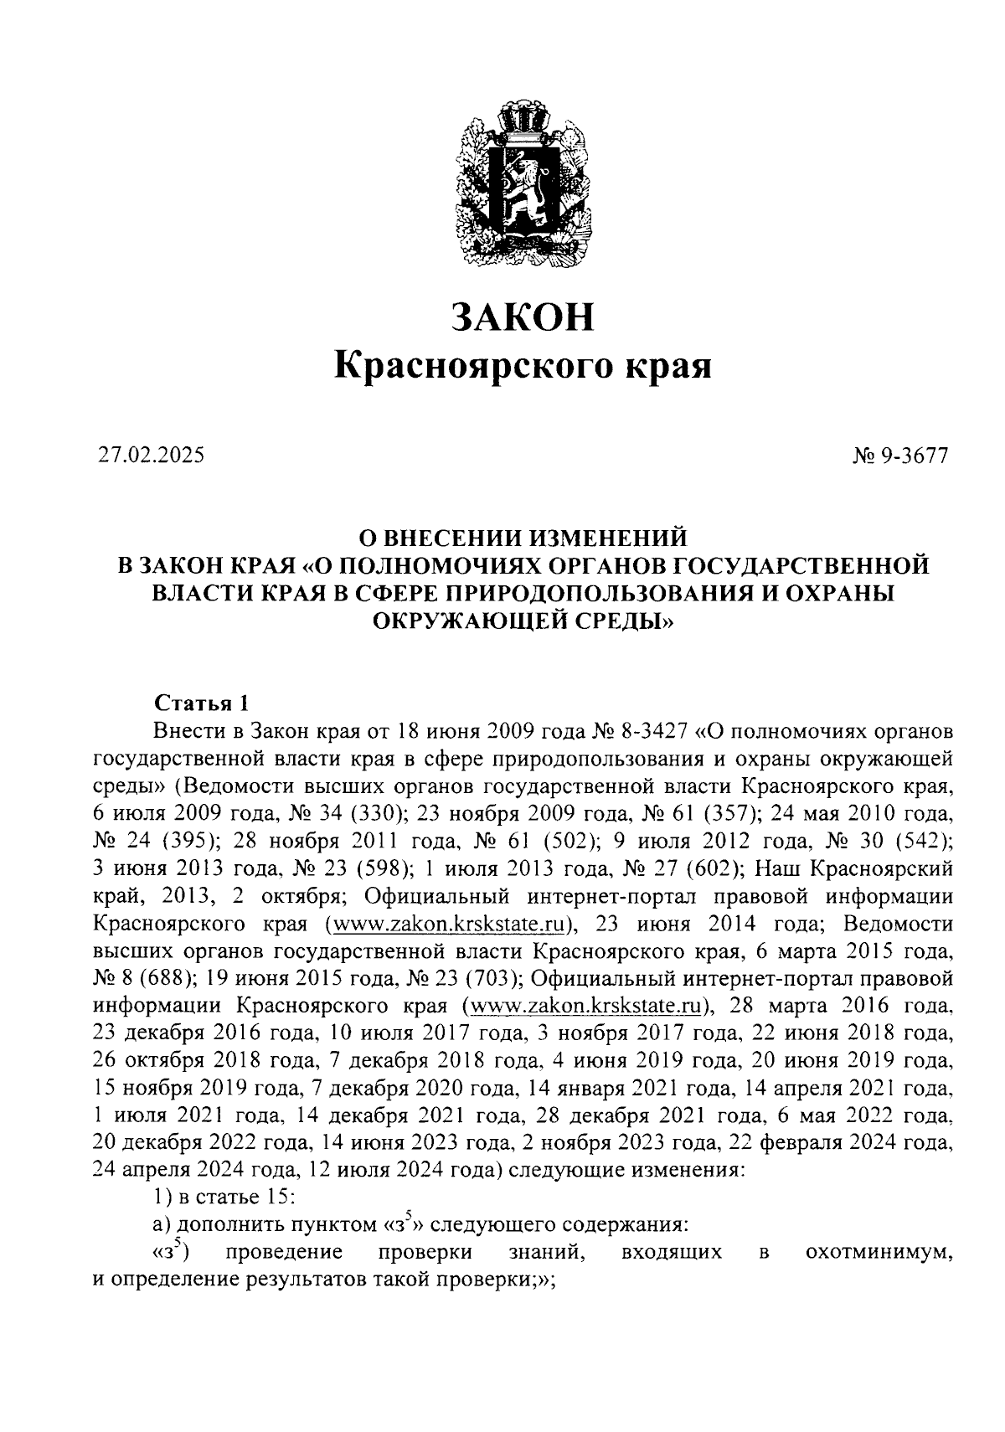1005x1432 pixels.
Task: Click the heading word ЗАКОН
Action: click(522, 317)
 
